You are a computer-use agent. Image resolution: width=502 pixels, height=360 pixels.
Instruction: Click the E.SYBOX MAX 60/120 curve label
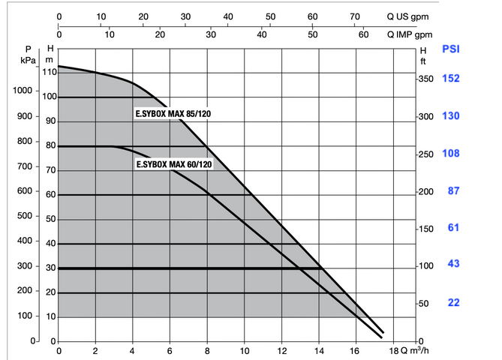pos(174,163)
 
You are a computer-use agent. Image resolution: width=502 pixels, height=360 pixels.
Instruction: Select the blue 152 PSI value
pos(452,79)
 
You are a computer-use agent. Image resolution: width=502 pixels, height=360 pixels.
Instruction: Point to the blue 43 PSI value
pos(453,264)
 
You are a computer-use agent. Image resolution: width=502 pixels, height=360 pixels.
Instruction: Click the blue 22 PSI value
pos(453,302)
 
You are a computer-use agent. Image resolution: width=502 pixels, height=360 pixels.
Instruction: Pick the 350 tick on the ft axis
pos(426,79)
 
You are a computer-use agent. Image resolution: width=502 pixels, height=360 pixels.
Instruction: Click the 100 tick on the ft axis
pos(426,266)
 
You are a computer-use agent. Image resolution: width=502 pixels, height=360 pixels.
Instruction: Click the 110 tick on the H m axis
pos(50,72)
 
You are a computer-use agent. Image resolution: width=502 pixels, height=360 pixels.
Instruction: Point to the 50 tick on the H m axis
pos(51,219)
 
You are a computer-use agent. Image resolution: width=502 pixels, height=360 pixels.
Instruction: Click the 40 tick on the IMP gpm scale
pos(262,34)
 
